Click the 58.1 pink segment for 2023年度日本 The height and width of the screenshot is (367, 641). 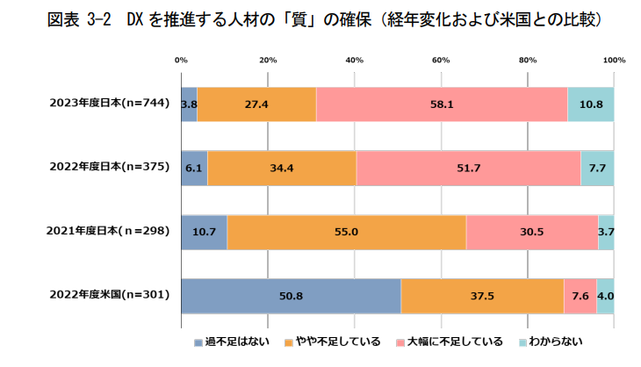pos(442,104)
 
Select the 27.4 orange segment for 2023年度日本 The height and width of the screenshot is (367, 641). pos(256,104)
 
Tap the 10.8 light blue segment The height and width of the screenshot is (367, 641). pos(591,104)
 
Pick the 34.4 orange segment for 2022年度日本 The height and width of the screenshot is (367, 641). pos(282,168)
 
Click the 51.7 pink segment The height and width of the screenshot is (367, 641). pos(468,168)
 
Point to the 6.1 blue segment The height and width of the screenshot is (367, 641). pos(194,168)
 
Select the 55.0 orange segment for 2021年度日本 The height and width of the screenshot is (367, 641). pos(347,232)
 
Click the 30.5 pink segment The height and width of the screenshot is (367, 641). pos(532,232)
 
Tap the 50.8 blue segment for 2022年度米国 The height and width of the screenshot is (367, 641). pos(291,296)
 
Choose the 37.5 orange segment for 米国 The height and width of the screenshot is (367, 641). pos(482,296)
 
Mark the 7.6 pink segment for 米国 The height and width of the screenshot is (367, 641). pos(580,296)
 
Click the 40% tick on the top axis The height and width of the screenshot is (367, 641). pos(355,61)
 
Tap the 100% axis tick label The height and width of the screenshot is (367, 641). pos(614,61)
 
